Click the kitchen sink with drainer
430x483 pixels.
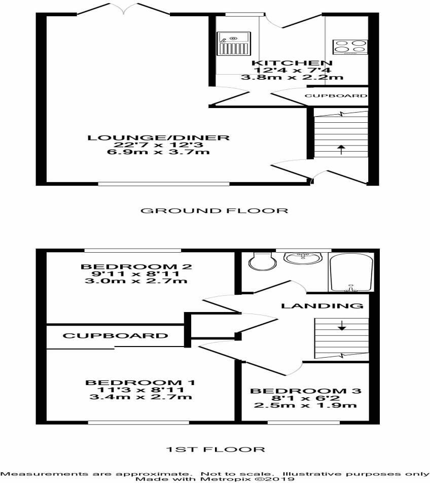pyautogui.click(x=234, y=44)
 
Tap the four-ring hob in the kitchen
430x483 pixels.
pyautogui.click(x=350, y=47)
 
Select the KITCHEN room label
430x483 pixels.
pyautogui.click(x=292, y=63)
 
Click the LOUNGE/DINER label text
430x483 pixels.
pyautogui.click(x=159, y=137)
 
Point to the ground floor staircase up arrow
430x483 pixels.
pyautogui.click(x=341, y=150)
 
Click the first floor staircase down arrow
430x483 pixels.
pyautogui.click(x=341, y=326)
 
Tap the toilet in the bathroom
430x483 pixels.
pyautogui.click(x=262, y=261)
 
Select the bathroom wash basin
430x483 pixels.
pyautogui.click(x=303, y=258)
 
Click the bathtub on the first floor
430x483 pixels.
pyautogui.click(x=351, y=272)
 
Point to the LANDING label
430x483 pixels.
pyautogui.click(x=322, y=306)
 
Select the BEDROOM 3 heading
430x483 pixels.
pyautogui.click(x=305, y=391)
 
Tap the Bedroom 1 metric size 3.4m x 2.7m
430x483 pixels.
pyautogui.click(x=140, y=397)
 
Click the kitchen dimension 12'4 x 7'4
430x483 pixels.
pyautogui.click(x=292, y=70)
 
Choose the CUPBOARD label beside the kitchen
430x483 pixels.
pyautogui.click(x=336, y=96)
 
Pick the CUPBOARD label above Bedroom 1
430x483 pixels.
pyautogui.click(x=116, y=335)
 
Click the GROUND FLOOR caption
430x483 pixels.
pyautogui.click(x=214, y=211)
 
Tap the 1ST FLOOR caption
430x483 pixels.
pyautogui.click(x=216, y=450)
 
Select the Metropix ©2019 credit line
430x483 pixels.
pyautogui.click(x=215, y=479)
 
